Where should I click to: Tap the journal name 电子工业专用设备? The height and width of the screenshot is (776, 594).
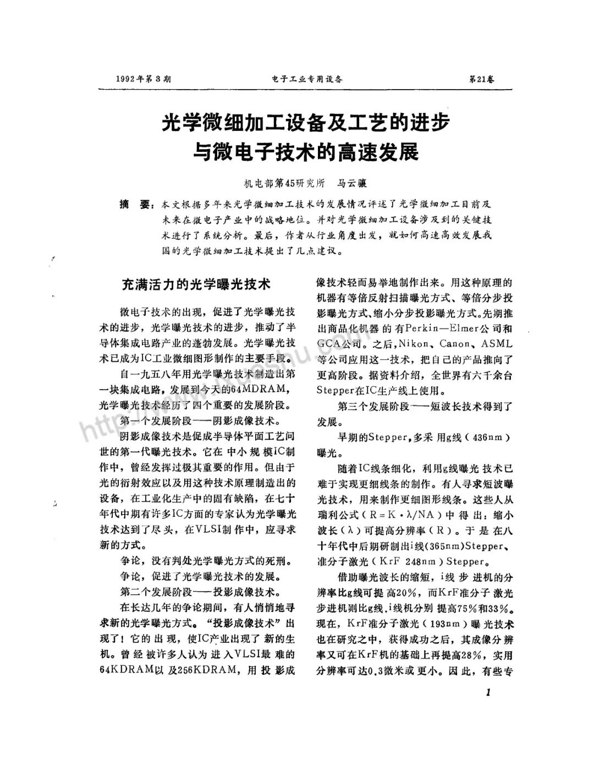point(307,79)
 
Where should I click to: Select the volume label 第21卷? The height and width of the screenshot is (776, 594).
point(481,79)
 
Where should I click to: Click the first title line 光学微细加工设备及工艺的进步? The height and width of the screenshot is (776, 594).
point(305,122)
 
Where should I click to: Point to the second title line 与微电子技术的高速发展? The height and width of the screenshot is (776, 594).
point(305,150)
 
